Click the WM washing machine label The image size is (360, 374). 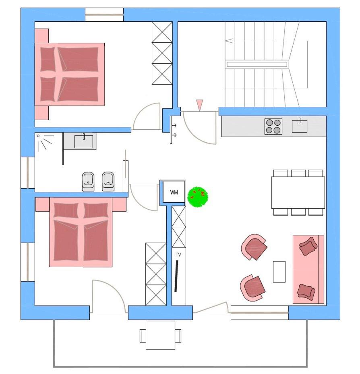174,192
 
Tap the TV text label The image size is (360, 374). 178,255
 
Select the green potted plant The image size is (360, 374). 197,197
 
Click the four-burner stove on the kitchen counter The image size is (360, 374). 273,127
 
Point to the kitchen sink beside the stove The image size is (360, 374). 300,126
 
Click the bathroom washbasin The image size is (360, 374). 84,141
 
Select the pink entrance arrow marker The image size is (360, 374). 199,105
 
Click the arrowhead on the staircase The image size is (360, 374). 229,41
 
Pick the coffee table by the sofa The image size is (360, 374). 279,272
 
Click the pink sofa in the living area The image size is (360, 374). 308,269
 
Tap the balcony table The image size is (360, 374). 160,335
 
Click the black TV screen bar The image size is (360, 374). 176,276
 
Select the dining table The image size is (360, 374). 298,193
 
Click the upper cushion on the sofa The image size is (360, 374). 308,246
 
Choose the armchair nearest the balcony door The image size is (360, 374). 252,288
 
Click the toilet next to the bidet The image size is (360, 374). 108,181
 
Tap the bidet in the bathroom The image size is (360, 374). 88,181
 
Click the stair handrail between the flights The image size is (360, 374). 257,64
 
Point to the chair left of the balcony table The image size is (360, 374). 143,336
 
